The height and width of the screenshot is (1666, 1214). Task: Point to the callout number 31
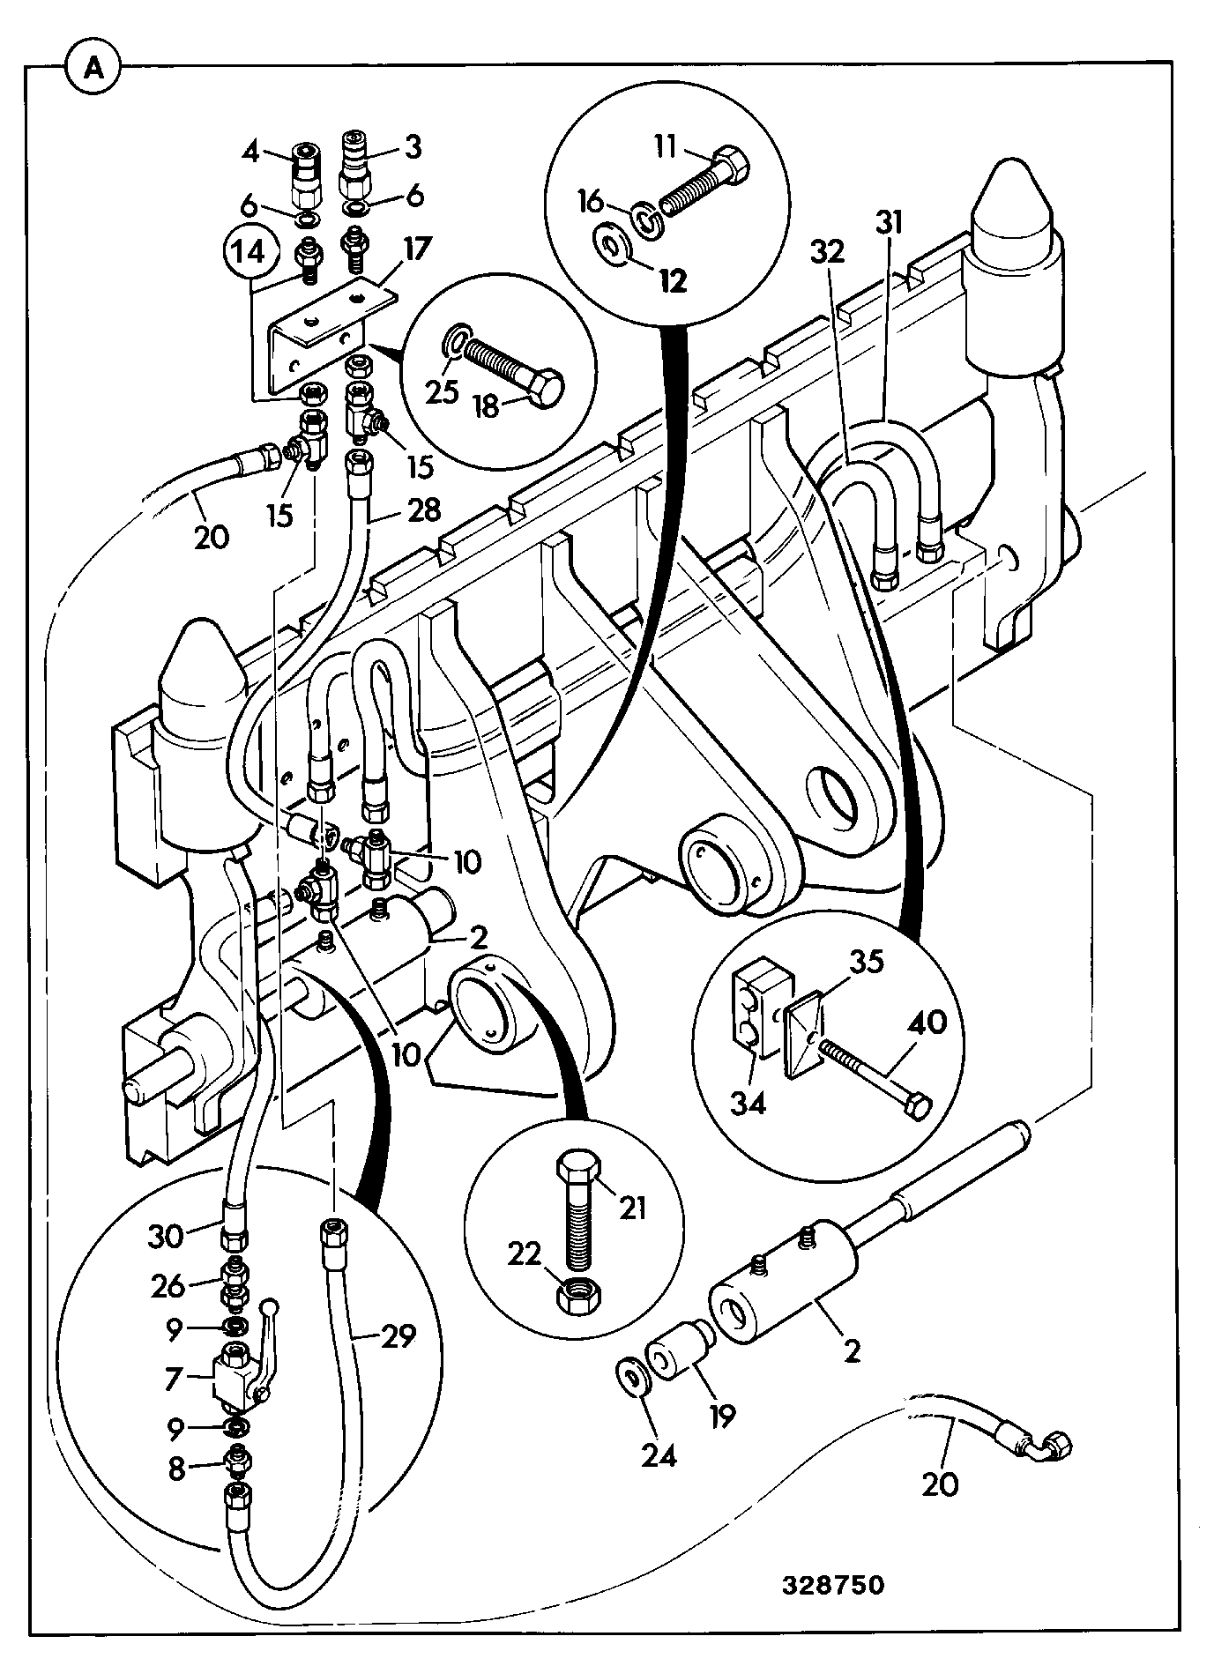(889, 224)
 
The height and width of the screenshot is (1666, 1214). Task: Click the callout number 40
(927, 1023)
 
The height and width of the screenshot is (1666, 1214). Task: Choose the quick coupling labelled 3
(356, 165)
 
